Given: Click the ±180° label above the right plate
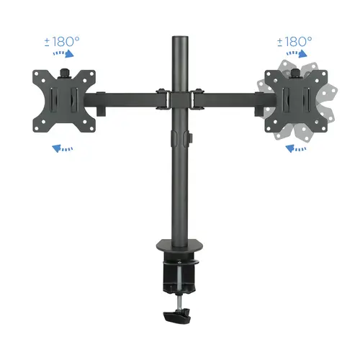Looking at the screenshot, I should (295, 42).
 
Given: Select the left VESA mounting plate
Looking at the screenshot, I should (63, 100).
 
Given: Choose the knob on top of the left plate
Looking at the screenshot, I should (63, 71).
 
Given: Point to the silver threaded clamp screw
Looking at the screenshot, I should (179, 292).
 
